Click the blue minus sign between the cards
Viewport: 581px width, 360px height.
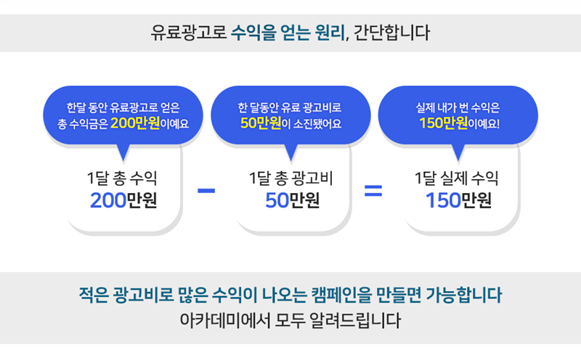(206, 191)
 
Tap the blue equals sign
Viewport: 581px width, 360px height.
(373, 191)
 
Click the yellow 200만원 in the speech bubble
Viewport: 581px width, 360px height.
(135, 123)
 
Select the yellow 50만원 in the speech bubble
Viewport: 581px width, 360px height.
(261, 123)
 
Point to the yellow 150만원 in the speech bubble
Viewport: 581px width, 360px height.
(444, 123)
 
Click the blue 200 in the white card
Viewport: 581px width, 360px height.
(108, 200)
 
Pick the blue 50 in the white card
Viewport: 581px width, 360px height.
(277, 200)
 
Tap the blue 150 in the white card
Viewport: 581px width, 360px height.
(443, 200)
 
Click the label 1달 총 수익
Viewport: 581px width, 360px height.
(122, 178)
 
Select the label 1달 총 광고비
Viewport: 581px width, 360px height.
(291, 178)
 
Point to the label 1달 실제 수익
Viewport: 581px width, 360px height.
(457, 178)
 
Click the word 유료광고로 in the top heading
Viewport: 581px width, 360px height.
(188, 33)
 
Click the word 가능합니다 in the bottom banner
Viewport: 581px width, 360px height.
(463, 295)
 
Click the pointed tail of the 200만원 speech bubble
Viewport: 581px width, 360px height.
(123, 160)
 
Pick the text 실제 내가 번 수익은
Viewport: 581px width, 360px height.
(458, 107)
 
